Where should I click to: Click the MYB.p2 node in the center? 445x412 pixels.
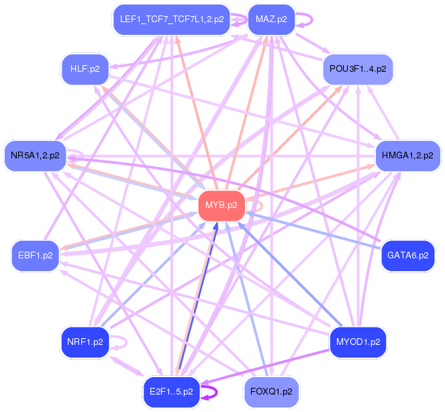pos(221,205)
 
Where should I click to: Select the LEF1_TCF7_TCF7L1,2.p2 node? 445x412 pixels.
pos(172,19)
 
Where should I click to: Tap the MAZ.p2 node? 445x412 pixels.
pos(271,19)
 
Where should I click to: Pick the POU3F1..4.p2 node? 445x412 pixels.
pos(358,69)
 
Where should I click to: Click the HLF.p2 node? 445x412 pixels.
pos(85,68)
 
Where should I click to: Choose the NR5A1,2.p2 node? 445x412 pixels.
pos(35,156)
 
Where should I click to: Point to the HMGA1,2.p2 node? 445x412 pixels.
pos(407,156)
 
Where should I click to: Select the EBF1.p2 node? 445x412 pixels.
pos(36,256)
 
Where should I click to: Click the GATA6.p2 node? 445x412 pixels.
pos(407,256)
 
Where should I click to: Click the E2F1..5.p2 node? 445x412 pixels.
pos(172,391)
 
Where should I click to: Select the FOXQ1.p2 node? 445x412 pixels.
pos(271,391)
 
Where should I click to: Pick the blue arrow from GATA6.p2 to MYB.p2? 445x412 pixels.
pos(315,231)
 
